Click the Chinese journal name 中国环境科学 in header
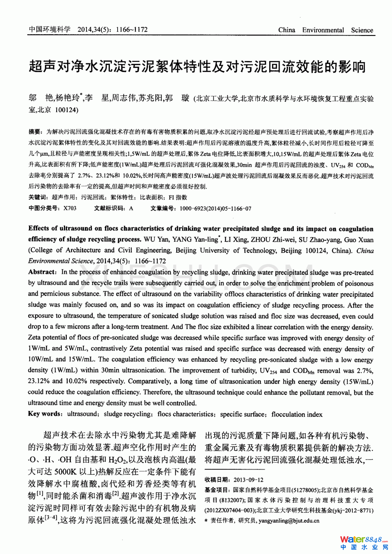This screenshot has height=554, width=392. [49, 29]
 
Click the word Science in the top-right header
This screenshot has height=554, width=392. [362, 30]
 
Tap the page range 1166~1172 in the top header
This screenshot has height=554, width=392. [132, 29]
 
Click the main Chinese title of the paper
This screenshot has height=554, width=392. [197, 67]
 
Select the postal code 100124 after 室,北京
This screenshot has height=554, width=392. [67, 109]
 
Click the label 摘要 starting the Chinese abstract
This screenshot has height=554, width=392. [35, 132]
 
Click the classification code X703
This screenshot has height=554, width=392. [70, 208]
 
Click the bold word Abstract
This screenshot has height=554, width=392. [42, 272]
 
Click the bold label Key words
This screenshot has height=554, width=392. [44, 414]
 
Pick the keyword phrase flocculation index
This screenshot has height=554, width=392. [297, 414]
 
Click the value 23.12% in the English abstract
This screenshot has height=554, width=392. [40, 381]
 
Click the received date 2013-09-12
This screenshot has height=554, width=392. [248, 480]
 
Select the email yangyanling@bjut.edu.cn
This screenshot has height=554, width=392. [289, 521]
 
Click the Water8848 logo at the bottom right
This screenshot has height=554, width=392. [363, 542]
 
